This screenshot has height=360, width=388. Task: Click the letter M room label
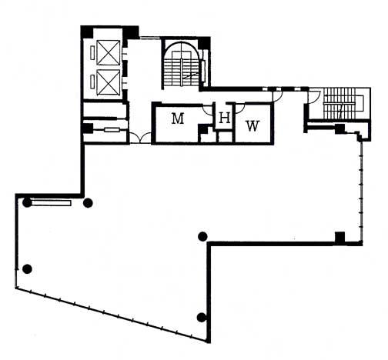[178, 118]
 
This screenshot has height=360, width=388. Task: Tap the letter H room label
[225, 118]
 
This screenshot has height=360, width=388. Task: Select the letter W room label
[253, 126]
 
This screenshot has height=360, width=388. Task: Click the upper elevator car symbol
[109, 53]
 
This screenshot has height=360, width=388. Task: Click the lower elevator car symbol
[109, 82]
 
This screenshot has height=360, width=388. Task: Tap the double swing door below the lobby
[140, 138]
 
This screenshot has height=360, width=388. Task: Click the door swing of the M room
[208, 110]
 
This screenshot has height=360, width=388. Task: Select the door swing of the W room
[240, 108]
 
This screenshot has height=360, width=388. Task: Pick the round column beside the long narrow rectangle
[27, 203]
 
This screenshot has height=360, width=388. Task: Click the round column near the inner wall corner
[202, 236]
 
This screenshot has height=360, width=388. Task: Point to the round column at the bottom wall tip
[202, 318]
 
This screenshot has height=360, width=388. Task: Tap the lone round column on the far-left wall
[27, 268]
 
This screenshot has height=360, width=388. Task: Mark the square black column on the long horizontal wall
[340, 237]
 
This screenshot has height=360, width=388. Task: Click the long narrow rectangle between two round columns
[51, 203]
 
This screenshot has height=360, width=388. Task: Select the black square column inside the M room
[203, 128]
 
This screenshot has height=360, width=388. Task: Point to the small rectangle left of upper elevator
[92, 53]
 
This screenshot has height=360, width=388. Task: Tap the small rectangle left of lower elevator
[92, 82]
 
